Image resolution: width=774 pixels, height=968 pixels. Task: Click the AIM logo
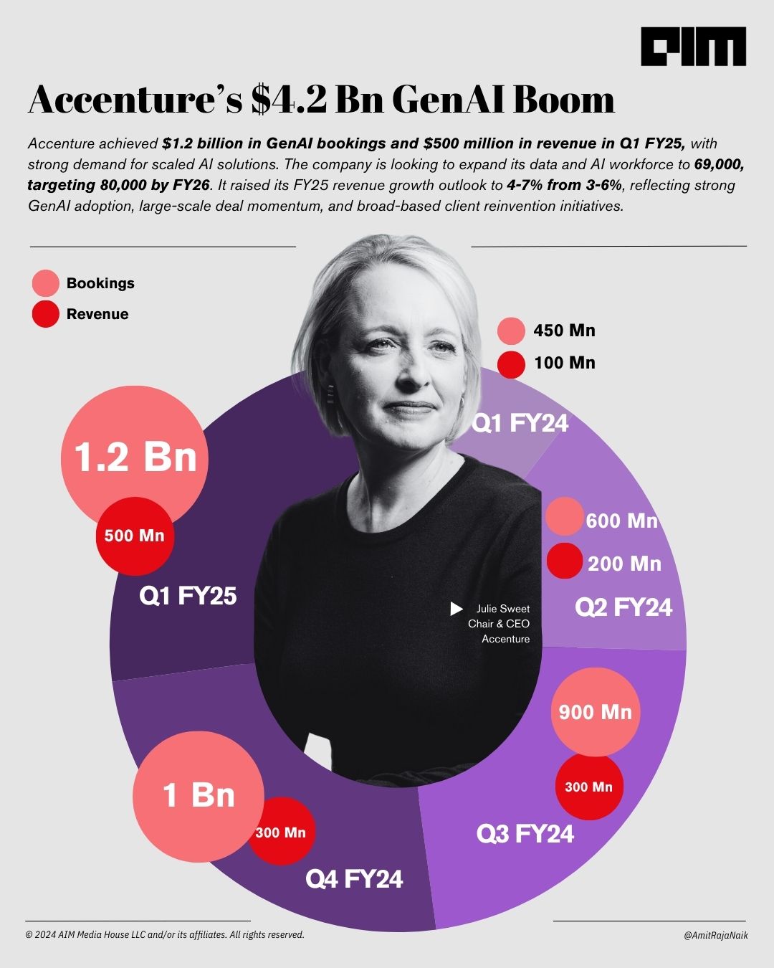click(693, 47)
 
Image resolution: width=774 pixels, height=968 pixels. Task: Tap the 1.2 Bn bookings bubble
click(135, 457)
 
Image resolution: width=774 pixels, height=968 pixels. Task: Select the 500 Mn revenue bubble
click(135, 536)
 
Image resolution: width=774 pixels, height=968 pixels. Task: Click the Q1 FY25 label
click(188, 596)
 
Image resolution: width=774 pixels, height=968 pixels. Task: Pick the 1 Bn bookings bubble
click(199, 795)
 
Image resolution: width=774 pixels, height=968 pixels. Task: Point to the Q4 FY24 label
click(354, 879)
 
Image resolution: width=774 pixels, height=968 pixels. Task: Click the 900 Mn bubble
click(595, 712)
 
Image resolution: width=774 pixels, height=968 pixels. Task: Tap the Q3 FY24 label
click(525, 834)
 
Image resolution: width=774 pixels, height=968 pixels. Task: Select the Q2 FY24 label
click(623, 608)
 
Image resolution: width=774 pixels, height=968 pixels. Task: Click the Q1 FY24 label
click(520, 424)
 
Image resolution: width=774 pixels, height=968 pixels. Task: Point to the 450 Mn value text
click(564, 331)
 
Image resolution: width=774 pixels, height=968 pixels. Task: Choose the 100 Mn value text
click(564, 363)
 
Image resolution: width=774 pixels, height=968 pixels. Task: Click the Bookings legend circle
click(46, 283)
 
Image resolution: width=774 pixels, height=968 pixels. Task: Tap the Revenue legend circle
click(46, 314)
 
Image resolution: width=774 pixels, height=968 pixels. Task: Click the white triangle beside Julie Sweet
click(456, 609)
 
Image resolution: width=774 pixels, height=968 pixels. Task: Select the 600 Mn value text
click(621, 521)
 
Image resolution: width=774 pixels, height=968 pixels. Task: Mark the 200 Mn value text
click(624, 564)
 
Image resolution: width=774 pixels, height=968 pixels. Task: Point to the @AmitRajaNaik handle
click(715, 935)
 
